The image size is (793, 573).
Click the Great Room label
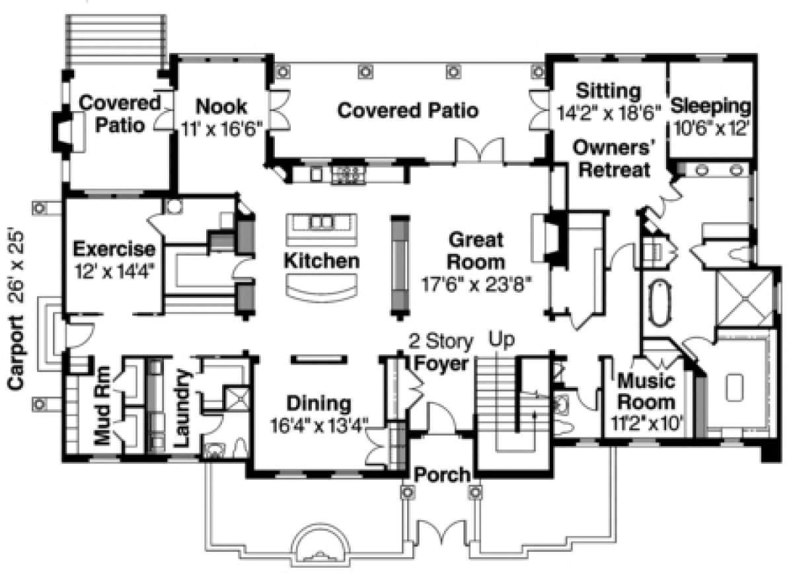[x=476, y=250]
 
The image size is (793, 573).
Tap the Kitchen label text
[x=321, y=261]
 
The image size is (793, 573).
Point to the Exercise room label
[x=114, y=248]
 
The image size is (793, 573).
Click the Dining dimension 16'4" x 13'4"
[x=319, y=426]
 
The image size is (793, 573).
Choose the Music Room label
[x=646, y=392]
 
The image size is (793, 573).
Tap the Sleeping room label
[x=710, y=106]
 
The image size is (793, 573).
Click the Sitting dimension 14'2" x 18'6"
[x=609, y=113]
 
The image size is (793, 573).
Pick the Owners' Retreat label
[x=614, y=159]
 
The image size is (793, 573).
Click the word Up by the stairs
[x=502, y=340]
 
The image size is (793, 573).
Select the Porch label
[x=442, y=476]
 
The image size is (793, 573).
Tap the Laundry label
[x=183, y=408]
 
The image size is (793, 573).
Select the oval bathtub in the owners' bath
[x=661, y=303]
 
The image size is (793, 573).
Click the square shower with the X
[x=745, y=298]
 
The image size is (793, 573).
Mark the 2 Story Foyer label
[x=441, y=352]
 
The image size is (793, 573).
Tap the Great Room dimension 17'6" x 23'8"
[x=476, y=285]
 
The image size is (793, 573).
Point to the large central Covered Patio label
[x=408, y=110]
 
